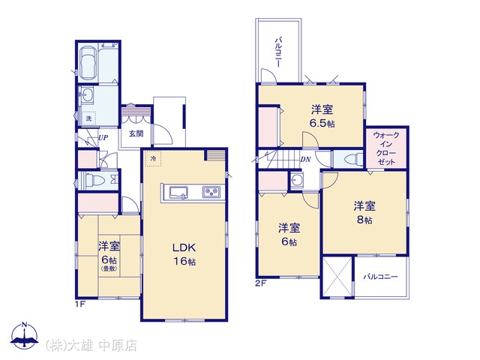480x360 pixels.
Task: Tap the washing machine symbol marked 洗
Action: click(x=88, y=118)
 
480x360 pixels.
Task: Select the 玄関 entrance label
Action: click(x=136, y=133)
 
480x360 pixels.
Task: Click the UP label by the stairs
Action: click(x=103, y=138)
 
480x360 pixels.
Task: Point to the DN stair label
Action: click(x=305, y=159)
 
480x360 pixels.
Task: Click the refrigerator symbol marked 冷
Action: click(x=153, y=158)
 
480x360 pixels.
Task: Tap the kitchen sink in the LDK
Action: click(x=178, y=193)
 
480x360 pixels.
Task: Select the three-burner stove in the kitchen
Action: click(x=211, y=192)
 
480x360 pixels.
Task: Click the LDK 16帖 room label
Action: click(x=184, y=254)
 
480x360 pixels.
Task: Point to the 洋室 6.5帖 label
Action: click(x=322, y=116)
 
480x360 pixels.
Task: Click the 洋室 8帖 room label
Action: click(x=364, y=213)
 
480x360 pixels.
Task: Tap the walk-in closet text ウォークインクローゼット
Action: click(x=386, y=148)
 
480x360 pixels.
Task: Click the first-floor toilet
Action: click(x=95, y=180)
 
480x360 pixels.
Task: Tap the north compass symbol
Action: click(x=25, y=336)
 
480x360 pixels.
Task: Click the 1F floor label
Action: click(x=80, y=304)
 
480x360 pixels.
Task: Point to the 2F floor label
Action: click(x=261, y=283)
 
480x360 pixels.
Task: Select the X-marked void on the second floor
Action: click(x=337, y=277)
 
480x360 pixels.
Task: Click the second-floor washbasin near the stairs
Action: click(x=297, y=180)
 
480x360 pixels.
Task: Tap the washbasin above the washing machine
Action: click(x=87, y=95)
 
